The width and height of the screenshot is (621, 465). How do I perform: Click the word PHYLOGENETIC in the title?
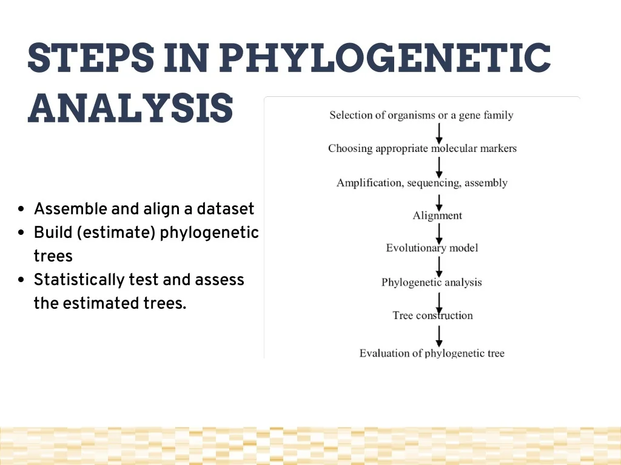point(384,58)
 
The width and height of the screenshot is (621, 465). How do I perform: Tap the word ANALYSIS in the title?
point(130,108)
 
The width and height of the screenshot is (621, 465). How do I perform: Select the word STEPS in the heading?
point(91,58)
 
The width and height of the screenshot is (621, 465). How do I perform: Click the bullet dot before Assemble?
point(21,209)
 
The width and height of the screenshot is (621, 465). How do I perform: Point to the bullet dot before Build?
point(21,232)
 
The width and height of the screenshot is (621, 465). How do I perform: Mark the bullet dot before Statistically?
point(21,280)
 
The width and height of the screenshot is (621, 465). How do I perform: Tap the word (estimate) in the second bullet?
point(116,232)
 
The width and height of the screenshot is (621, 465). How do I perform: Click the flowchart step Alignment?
point(437,216)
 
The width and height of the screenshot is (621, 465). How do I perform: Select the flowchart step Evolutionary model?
point(432,248)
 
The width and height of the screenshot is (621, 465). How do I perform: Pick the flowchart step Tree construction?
point(432,315)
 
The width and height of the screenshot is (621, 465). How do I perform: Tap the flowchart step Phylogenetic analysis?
point(431,282)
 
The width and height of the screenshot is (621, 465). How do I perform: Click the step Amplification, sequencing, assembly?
point(422,183)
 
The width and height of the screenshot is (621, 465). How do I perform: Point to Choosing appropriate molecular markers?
point(422,148)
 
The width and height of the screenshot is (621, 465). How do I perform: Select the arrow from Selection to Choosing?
point(439,133)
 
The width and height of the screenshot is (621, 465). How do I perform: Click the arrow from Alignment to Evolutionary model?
point(439,234)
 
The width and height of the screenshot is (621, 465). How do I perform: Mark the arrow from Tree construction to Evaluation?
point(439,336)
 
